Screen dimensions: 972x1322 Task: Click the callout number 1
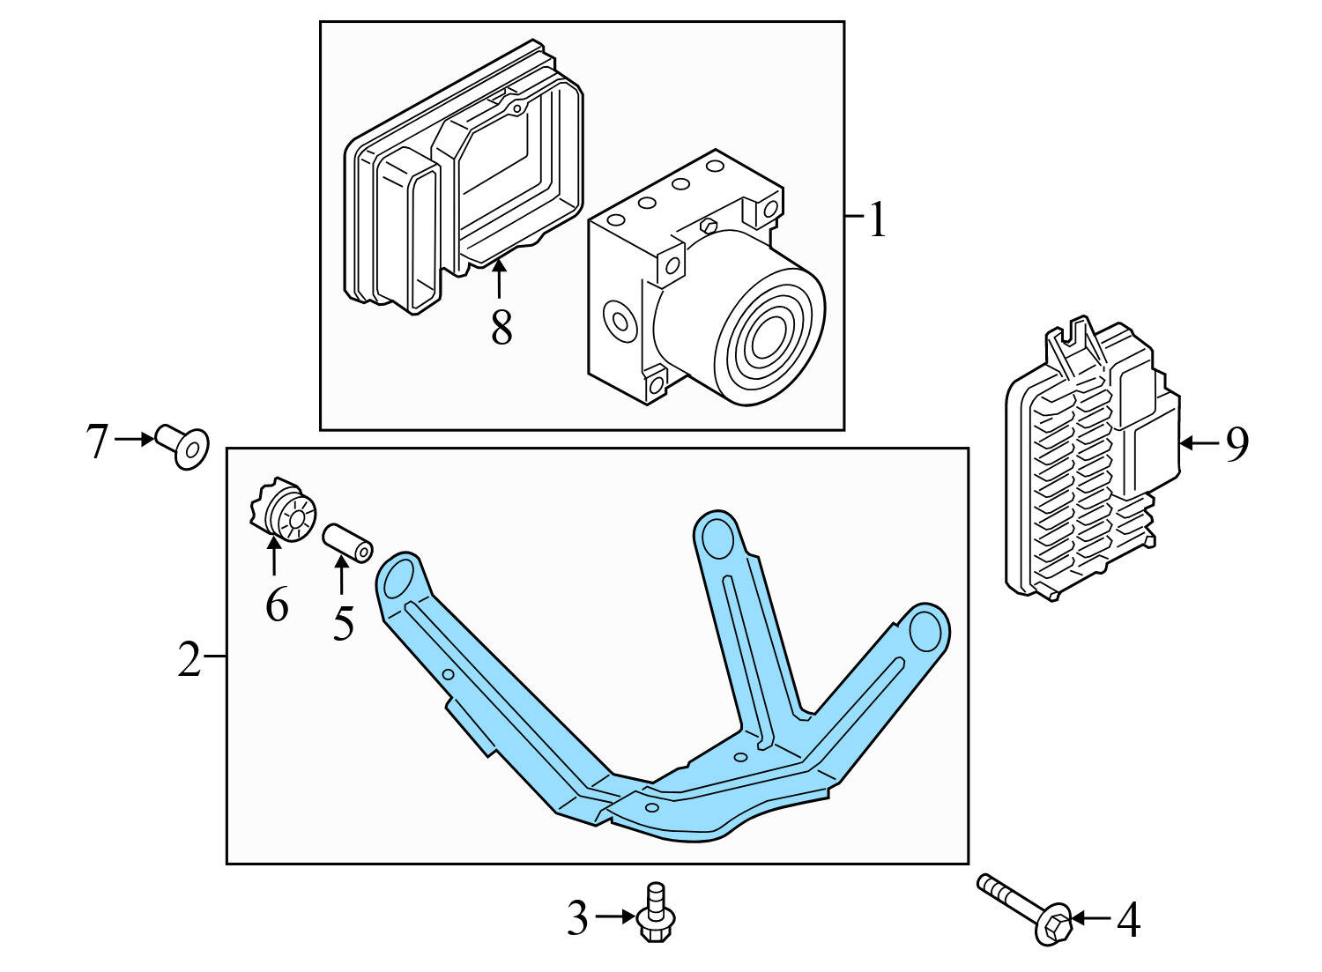[877, 219]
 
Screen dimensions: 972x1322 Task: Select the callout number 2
[189, 660]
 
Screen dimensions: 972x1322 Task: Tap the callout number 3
[577, 919]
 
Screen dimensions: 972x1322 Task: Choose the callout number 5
[343, 623]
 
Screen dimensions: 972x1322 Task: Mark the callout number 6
[277, 605]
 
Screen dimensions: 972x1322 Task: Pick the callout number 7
[97, 441]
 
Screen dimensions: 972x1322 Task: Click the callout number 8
[501, 329]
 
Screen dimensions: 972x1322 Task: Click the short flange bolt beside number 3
[654, 914]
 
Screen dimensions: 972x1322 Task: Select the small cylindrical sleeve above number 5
[348, 542]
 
